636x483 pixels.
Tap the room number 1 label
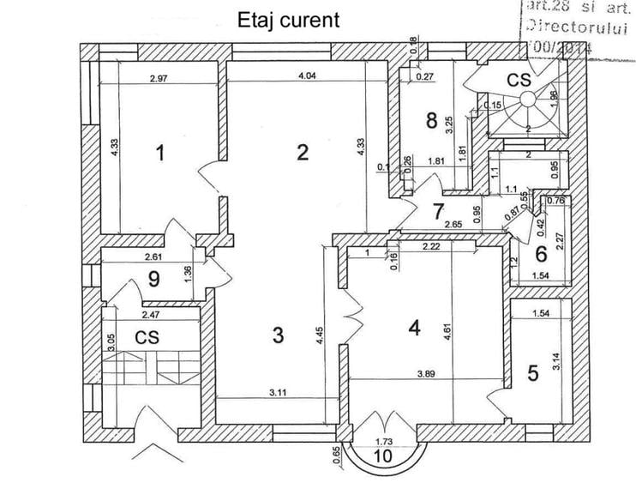(x=159, y=154)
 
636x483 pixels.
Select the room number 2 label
(x=302, y=154)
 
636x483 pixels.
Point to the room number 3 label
(x=277, y=335)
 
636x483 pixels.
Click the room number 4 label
(x=415, y=328)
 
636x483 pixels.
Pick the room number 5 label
(x=532, y=372)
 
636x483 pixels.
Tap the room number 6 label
(x=541, y=254)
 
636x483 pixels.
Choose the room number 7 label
(x=438, y=209)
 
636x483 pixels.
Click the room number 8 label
(x=432, y=120)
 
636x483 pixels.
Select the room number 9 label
(x=154, y=279)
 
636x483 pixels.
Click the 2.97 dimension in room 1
(x=158, y=79)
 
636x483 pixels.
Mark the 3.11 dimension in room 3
(x=278, y=393)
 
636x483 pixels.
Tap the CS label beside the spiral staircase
(x=519, y=81)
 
